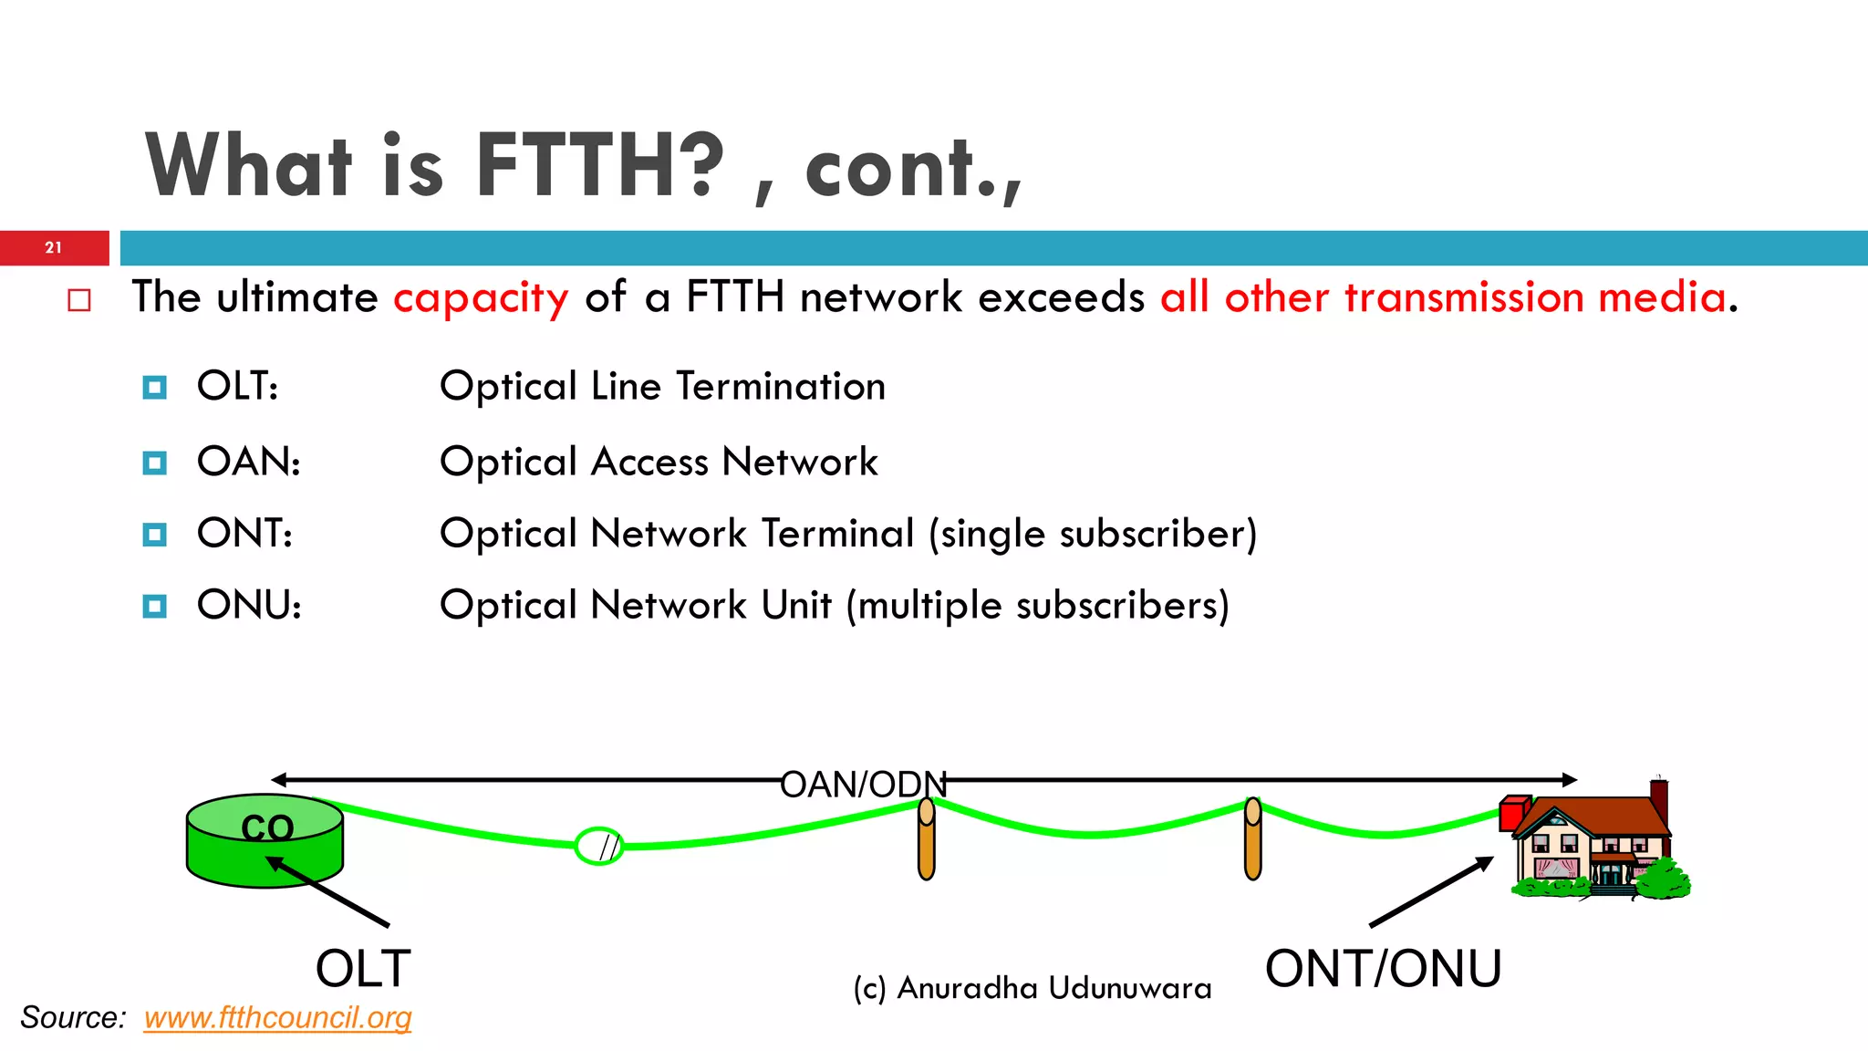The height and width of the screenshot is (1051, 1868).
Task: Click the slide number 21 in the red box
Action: pos(54,247)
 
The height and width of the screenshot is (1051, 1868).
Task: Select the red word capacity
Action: pos(481,298)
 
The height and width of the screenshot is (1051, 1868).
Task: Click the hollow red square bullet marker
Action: pos(79,300)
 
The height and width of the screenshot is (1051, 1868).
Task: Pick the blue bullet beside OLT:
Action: pos(155,388)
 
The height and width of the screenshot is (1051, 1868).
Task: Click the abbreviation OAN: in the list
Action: pos(248,462)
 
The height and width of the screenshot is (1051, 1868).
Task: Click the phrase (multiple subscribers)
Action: pos(1038,606)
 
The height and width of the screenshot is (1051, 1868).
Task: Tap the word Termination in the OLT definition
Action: pos(781,387)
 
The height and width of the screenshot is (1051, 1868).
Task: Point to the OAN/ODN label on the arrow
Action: pos(863,785)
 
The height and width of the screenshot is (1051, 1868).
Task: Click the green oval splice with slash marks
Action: pos(599,846)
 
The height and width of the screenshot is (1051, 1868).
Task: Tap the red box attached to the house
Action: pos(1513,811)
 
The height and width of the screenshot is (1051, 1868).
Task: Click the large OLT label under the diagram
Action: pos(363,969)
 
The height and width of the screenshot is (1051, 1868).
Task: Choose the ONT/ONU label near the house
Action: pos(1383,969)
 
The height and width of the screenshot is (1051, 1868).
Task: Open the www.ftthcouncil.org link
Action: pos(277,1017)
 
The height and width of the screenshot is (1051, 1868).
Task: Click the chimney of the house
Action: pos(1659,801)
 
